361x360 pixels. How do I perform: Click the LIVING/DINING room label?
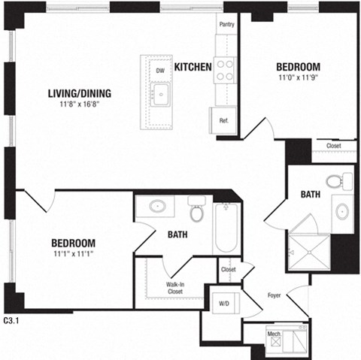click(x=79, y=93)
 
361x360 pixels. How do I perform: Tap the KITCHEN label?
click(x=193, y=68)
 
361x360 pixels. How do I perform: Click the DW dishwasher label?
click(x=160, y=71)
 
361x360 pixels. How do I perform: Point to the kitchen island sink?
click(x=161, y=95)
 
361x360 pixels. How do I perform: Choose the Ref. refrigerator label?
click(x=223, y=120)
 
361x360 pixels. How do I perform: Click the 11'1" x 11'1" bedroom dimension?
click(x=73, y=254)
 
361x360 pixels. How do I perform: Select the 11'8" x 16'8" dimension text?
click(x=79, y=104)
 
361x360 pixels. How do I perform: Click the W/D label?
click(x=224, y=304)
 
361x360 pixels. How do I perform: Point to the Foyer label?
click(x=275, y=295)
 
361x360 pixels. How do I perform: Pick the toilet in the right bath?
click(x=335, y=181)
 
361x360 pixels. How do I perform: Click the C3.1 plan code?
click(x=13, y=320)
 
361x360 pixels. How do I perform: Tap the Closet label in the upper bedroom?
click(x=333, y=146)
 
